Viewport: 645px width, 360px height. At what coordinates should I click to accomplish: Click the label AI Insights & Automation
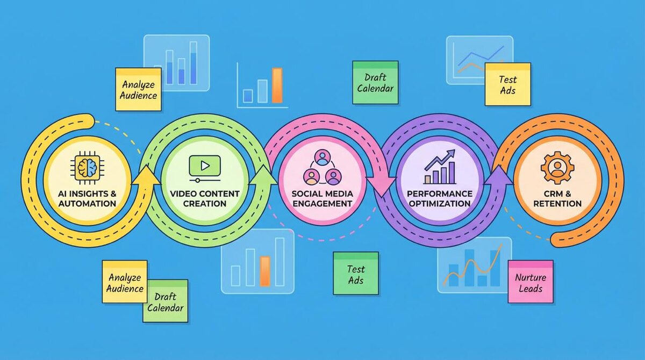(87, 199)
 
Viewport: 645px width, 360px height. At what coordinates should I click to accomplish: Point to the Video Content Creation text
(205, 199)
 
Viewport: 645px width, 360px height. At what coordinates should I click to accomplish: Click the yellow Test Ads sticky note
(507, 84)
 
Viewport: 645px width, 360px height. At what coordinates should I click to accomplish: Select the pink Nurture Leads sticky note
(530, 283)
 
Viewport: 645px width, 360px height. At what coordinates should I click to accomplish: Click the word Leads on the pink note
(530, 289)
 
